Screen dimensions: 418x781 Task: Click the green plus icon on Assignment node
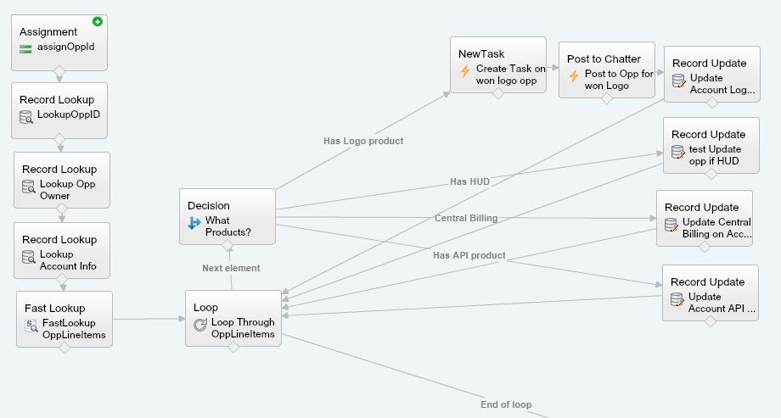pos(98,21)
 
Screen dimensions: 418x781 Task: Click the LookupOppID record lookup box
pos(59,109)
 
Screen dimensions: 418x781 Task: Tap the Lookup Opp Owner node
pos(61,180)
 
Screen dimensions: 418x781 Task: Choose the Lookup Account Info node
pos(61,250)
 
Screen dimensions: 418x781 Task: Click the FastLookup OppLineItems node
pos(64,319)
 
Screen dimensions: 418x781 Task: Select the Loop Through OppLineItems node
pos(233,318)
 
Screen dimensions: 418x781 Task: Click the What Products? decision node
pos(227,216)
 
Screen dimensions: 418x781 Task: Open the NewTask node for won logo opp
pos(497,64)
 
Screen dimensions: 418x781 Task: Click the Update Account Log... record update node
pos(711,74)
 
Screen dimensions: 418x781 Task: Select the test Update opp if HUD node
pos(711,145)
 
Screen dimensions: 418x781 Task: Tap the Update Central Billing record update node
pos(704,218)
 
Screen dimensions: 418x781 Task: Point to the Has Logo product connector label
pos(363,141)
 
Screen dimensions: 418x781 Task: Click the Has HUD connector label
pos(469,181)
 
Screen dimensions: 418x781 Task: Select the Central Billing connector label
pos(466,218)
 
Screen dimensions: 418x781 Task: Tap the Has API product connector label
pos(469,255)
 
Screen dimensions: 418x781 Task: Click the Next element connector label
pos(231,268)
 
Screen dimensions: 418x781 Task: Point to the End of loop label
pos(506,404)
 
